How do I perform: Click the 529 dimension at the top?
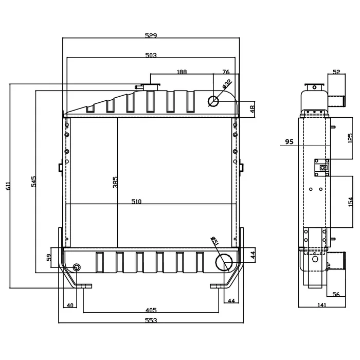click(151, 35)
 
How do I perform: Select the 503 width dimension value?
click(151, 56)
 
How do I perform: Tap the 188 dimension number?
click(182, 72)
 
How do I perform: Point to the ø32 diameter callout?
click(227, 84)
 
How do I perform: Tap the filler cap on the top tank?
click(151, 87)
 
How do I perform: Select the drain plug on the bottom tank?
click(77, 267)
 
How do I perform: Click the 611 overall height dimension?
click(8, 186)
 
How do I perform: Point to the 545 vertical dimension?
click(33, 182)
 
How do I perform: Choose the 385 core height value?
click(115, 182)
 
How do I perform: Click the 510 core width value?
click(136, 202)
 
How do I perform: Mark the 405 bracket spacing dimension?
click(151, 310)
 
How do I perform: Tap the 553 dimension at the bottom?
click(151, 320)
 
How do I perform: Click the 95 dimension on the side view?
click(289, 141)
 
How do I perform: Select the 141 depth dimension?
click(322, 305)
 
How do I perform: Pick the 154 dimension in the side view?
click(350, 202)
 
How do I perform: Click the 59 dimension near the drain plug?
click(49, 257)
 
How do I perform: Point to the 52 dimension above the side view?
click(336, 72)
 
